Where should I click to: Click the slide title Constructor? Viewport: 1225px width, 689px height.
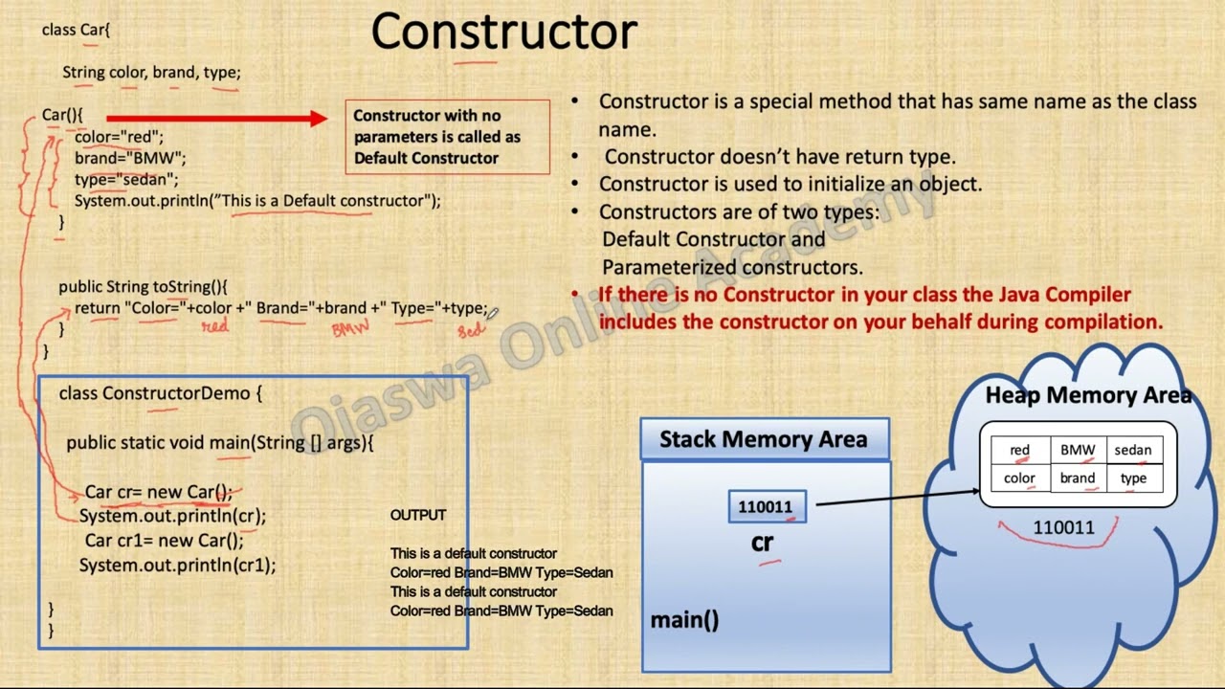503,33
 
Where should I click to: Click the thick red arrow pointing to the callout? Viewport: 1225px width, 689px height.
216,119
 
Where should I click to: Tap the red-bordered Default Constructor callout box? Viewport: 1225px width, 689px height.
447,137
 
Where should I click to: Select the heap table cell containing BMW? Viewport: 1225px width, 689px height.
1077,450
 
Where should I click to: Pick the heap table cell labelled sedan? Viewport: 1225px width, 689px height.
1133,450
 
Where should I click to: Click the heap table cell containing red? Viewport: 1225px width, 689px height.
1019,450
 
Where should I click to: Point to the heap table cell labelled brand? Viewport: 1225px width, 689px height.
1077,478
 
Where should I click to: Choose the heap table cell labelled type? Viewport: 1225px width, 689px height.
1133,478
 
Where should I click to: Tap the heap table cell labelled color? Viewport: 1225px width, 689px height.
1019,478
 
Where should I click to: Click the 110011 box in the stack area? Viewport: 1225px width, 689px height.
766,507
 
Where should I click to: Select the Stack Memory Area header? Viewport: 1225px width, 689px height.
764,439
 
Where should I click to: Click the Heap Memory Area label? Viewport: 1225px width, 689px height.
1088,395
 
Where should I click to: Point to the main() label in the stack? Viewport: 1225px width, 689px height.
684,620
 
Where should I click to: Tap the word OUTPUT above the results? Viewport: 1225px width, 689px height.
418,515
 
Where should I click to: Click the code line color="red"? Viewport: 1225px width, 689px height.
119,137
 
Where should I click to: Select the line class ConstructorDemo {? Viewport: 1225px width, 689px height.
160,393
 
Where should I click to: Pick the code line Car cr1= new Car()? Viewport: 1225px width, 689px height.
164,541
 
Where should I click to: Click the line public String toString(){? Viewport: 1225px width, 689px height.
143,286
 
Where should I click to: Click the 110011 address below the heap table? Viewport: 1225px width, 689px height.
1062,527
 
